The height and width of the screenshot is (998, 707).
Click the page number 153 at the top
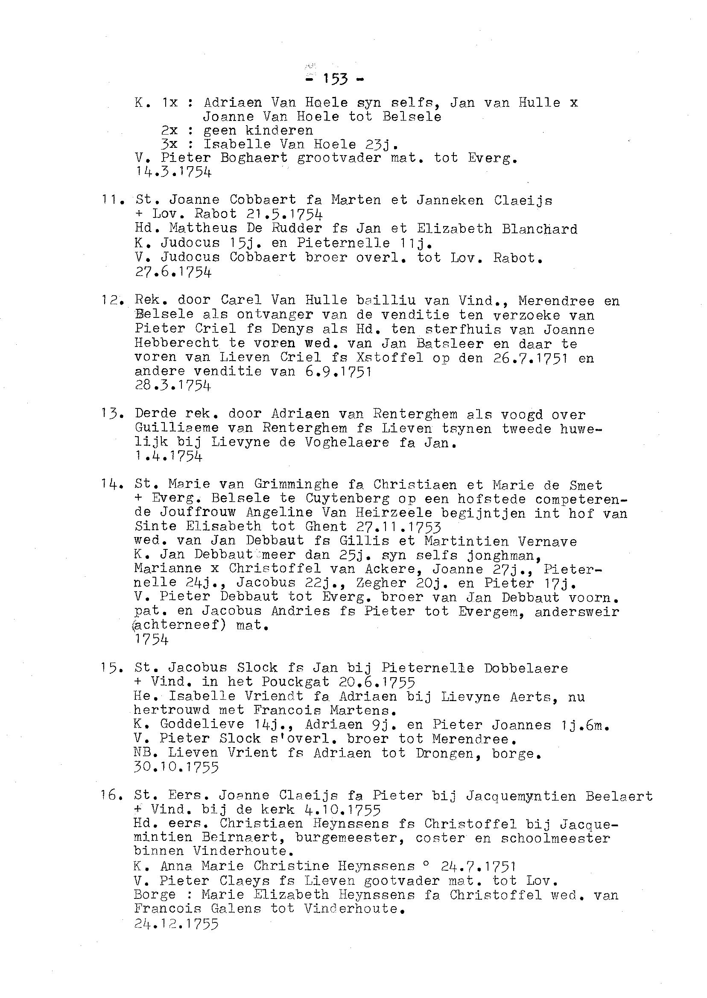(335, 79)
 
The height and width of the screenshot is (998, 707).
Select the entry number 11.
(111, 200)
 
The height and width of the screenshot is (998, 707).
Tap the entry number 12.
(111, 301)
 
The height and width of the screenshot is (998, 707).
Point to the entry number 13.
(111, 414)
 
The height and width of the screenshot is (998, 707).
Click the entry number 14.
(111, 484)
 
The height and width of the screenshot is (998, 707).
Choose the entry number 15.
(111, 668)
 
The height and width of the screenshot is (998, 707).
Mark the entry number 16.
(111, 796)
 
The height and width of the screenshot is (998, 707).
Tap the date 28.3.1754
(173, 385)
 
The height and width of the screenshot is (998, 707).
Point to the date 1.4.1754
(169, 456)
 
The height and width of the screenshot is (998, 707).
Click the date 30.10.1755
(176, 767)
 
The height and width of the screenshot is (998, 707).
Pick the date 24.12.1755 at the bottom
(176, 924)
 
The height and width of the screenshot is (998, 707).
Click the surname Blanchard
(539, 229)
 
